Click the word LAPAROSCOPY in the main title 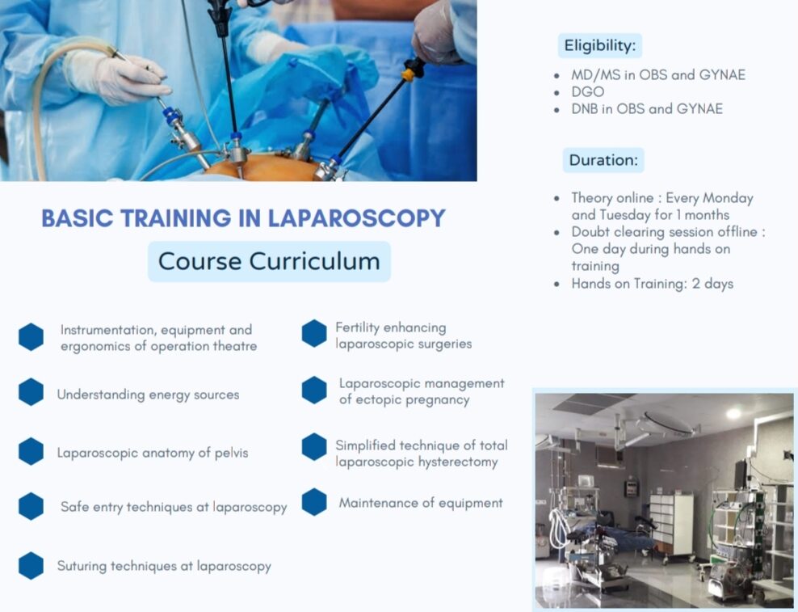(356, 218)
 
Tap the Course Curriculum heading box (269, 261)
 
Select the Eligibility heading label (600, 46)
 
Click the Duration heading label (603, 160)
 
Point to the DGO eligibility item (588, 91)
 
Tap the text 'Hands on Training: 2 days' (653, 284)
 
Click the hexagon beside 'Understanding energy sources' (31, 392)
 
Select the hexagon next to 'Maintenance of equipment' (314, 502)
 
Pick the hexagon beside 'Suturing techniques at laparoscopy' (31, 566)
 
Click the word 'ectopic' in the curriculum (376, 399)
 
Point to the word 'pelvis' (232, 453)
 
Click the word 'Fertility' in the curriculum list (357, 327)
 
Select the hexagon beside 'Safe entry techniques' (31, 506)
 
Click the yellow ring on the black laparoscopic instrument (409, 75)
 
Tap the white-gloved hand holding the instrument (118, 77)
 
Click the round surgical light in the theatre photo (668, 423)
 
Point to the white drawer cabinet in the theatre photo (671, 525)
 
